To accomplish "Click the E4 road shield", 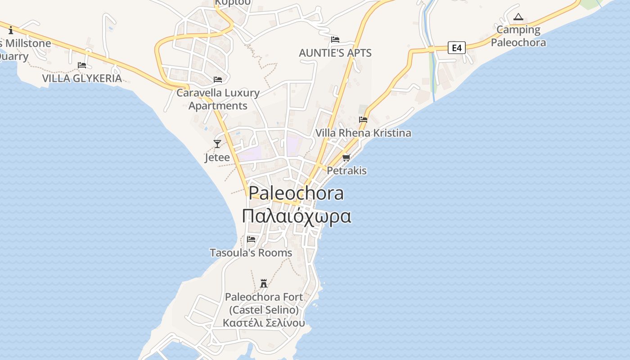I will coord(456,47).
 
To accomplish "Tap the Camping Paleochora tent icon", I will coord(518,17).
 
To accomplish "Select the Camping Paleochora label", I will coord(518,36).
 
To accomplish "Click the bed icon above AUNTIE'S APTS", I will coord(335,40).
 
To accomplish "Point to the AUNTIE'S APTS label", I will coord(335,53).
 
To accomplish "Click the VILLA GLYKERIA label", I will coord(82,78).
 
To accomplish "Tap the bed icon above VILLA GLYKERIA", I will coord(82,65).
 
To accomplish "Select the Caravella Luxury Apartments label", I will coord(218,99).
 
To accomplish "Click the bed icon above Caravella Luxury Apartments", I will coord(218,80).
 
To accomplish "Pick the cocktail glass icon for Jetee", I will coord(217,144).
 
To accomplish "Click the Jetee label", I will coord(217,157).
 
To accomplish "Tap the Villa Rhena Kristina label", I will coord(363,133).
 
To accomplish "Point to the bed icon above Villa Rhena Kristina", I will coord(363,120).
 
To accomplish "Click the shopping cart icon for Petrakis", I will coord(346,157).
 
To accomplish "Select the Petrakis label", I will coord(346,171).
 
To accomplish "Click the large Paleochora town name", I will coord(297,193).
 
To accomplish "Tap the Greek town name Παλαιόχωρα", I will coord(297,216).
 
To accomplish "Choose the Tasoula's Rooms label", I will coord(251,252).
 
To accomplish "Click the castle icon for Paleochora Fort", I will coord(264,283).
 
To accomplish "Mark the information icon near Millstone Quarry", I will coord(11,30).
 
